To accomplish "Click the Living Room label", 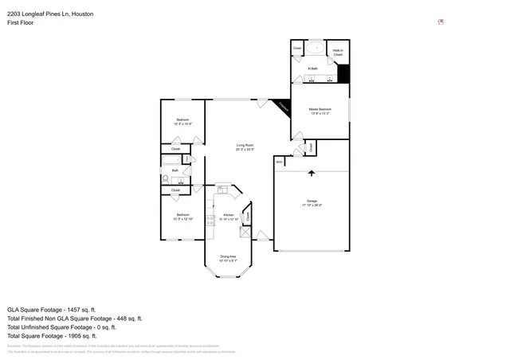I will point(245,145).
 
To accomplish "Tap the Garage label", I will point(312,200).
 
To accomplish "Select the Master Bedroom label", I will point(320,108).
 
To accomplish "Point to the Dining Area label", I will point(228,256).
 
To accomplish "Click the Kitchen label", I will point(228,215).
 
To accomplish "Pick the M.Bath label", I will point(313,68).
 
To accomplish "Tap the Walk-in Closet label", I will point(338,52).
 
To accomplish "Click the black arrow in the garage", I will point(312,173).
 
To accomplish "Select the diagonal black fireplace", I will point(283,108).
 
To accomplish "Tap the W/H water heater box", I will point(280,162).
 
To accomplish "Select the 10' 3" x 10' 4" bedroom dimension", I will point(182,123).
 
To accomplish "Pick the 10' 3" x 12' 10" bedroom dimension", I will point(182,219).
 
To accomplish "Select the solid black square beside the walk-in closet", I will point(344,72).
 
